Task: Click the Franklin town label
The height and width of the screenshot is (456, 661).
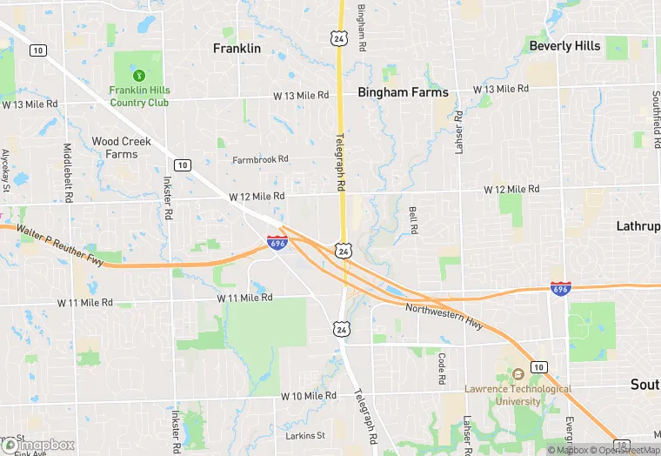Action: click(237, 49)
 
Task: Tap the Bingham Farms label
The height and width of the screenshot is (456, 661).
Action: click(403, 92)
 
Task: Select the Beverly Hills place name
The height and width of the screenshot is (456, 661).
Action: click(564, 45)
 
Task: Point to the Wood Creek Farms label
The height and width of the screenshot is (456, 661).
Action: click(121, 148)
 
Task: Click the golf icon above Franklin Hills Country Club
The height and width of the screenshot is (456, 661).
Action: click(139, 73)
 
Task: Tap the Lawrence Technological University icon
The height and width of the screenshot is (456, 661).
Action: click(517, 374)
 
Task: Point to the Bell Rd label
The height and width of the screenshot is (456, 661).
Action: click(414, 219)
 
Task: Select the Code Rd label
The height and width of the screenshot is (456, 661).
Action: click(442, 369)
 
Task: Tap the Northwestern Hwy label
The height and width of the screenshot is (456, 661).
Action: click(444, 314)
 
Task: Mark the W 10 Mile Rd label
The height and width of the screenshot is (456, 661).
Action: click(308, 395)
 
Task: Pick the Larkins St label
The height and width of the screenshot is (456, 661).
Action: click(304, 434)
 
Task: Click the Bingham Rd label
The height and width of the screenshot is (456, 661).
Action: click(361, 26)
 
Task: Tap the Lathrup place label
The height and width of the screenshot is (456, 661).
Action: click(638, 225)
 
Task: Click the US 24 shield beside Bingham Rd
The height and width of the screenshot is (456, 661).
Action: click(337, 37)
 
